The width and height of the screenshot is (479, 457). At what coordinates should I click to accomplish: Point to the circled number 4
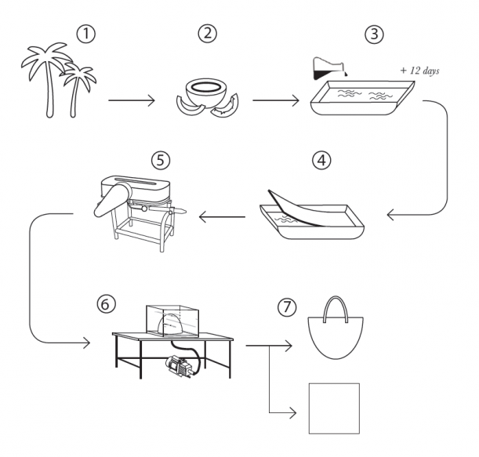coord(321,161)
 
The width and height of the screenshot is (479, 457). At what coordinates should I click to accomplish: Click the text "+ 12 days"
coord(420,70)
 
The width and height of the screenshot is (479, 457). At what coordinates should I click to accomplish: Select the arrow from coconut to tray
coord(274,100)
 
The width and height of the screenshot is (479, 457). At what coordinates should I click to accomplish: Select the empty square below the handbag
coord(333,407)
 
